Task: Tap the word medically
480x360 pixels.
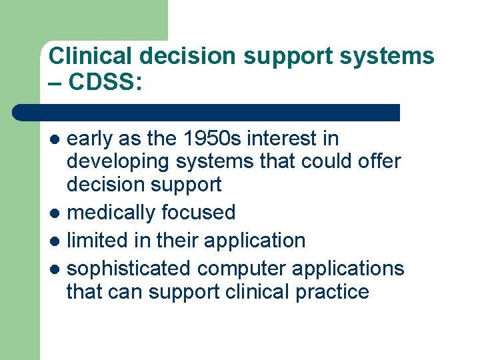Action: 109,213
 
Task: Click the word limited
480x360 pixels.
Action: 100,240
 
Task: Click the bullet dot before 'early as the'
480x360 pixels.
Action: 56,140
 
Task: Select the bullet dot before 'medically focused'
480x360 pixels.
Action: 56,213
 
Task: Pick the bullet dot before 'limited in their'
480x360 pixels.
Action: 56,241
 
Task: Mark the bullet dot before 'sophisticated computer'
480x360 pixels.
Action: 56,269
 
